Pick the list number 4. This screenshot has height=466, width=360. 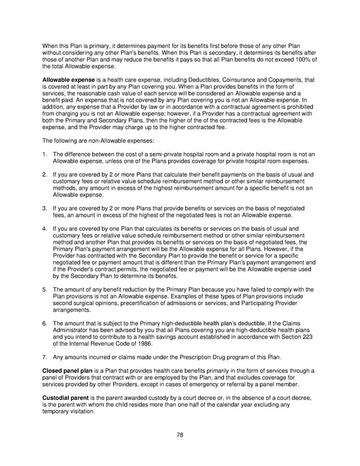click(44, 229)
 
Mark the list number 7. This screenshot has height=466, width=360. click(44, 357)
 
